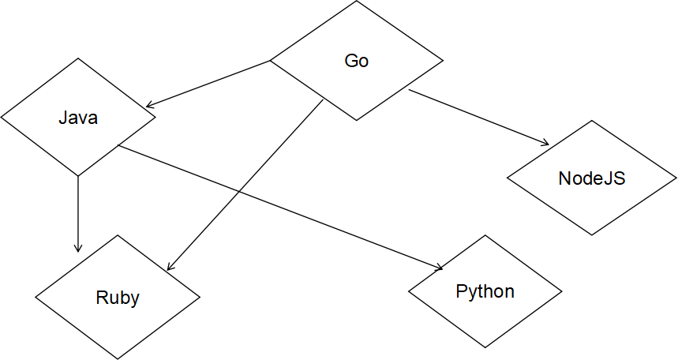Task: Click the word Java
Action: point(78,118)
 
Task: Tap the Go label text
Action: point(357,61)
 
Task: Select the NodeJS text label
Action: point(591,178)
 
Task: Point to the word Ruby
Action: point(118,298)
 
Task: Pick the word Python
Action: point(485,291)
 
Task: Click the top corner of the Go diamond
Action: point(357,2)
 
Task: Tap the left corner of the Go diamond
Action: point(272,61)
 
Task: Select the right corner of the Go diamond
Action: point(440,61)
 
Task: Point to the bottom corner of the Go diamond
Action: point(357,119)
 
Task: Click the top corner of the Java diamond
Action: point(78,60)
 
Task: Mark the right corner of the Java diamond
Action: point(154,118)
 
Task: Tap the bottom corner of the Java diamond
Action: point(78,174)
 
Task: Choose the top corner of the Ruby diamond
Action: point(118,237)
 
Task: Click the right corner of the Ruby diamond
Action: point(198,298)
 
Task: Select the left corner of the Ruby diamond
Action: point(37,298)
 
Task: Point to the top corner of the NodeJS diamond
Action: point(591,122)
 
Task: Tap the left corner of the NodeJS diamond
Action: point(509,178)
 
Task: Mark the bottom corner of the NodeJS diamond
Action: point(591,234)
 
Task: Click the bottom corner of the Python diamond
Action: point(485,347)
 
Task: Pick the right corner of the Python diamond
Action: point(560,291)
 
